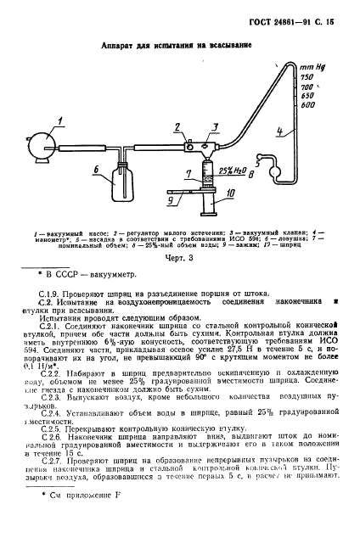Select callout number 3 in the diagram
(x=215, y=126)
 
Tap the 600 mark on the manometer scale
(x=307, y=105)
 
